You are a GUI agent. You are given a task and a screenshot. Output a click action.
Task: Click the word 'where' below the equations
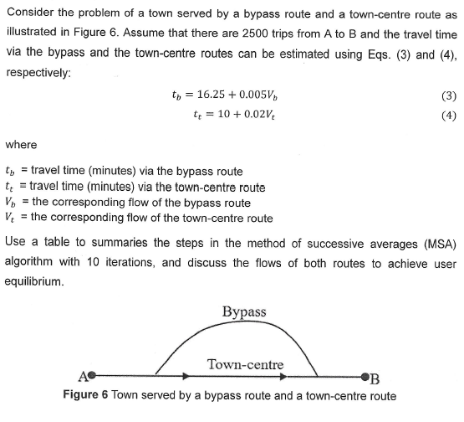(x=21, y=143)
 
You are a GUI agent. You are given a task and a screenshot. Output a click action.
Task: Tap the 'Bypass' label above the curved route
(x=245, y=312)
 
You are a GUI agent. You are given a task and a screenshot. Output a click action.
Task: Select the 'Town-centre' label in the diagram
(x=245, y=364)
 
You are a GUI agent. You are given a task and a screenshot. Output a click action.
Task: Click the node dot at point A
(x=93, y=376)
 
